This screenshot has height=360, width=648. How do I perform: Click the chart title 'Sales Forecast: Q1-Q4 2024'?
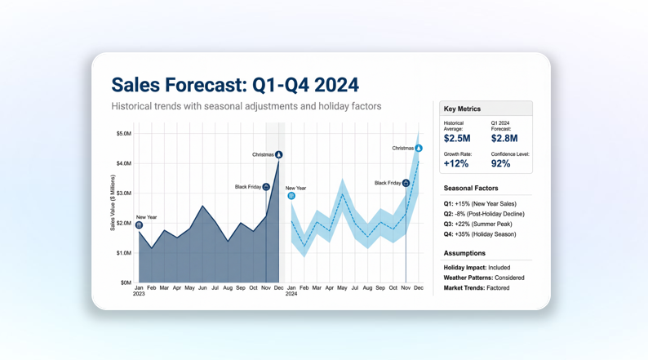coord(235,85)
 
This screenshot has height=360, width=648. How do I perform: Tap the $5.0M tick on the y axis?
coord(123,134)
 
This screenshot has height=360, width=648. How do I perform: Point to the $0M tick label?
coord(126,282)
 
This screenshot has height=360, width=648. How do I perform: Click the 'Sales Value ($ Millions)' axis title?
coord(113,203)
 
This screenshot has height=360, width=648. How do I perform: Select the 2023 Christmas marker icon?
coord(278,154)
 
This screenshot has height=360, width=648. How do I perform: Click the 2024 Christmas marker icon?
coord(418,149)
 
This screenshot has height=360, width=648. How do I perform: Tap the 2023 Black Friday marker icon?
coord(266,187)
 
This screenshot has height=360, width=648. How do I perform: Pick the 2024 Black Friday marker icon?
coord(406,183)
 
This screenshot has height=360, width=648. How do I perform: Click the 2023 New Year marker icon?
coord(139,224)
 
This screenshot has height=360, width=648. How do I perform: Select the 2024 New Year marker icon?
coord(291,196)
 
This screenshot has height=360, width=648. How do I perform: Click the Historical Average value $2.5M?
coord(457,139)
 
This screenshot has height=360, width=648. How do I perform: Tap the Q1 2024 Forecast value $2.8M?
coord(504,139)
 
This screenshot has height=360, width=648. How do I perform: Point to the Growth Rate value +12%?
coord(457,163)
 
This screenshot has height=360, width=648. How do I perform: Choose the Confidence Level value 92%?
coord(501,163)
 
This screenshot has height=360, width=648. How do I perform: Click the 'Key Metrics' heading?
coord(462,109)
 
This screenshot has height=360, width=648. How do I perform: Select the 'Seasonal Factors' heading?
coord(471,189)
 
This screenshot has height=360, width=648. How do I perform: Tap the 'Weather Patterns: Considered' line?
coord(484,278)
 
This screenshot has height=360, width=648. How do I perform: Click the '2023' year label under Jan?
coord(139,294)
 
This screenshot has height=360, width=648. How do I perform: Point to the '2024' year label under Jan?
coord(291,294)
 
